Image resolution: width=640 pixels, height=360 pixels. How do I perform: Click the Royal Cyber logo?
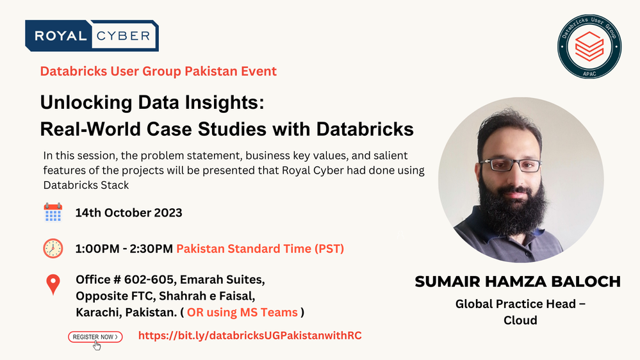(x=92, y=35)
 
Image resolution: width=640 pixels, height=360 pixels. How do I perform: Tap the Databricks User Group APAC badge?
(x=589, y=47)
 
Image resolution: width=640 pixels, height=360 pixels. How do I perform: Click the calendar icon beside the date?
(x=53, y=212)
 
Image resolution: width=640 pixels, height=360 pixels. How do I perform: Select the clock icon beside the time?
(x=53, y=248)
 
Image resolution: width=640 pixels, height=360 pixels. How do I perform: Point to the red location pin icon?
(x=53, y=284)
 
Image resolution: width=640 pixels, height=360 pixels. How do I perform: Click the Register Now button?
(x=95, y=337)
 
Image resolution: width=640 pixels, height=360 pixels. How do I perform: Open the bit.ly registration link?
(x=250, y=336)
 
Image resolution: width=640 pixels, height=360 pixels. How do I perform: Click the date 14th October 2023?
(x=129, y=213)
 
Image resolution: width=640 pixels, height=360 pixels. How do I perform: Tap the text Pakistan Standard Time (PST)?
(x=260, y=249)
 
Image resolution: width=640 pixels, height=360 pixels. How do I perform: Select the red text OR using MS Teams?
(x=242, y=312)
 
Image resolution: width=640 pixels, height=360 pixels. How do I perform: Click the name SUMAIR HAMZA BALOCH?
(x=518, y=282)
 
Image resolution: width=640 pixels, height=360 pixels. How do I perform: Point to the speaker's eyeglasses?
(x=511, y=165)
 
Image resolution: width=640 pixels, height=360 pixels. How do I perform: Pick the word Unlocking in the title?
(x=86, y=102)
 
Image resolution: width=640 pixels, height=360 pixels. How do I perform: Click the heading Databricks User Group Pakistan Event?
(x=158, y=71)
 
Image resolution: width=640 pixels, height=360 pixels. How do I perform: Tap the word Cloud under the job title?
(x=520, y=320)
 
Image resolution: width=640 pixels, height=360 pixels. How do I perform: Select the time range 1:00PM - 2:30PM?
(x=124, y=249)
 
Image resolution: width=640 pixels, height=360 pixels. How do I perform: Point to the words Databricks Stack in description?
(x=86, y=185)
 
